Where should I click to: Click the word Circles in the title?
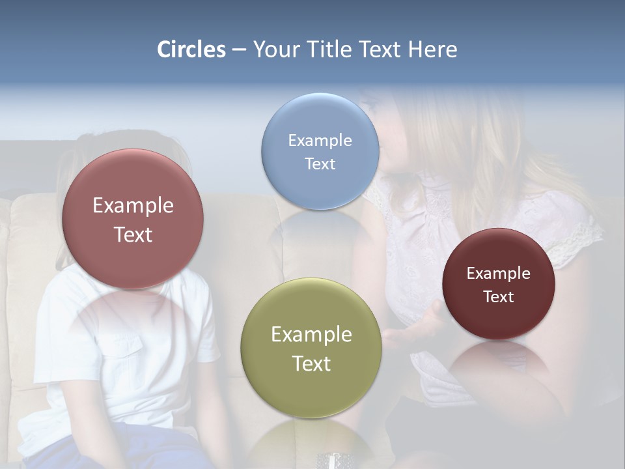pyautogui.click(x=191, y=50)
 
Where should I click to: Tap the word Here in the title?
pyautogui.click(x=432, y=50)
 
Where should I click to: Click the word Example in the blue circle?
pyautogui.click(x=320, y=140)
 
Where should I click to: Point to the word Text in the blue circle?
pyautogui.click(x=320, y=163)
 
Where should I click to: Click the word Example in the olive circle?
pyautogui.click(x=311, y=334)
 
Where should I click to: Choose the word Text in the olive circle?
pyautogui.click(x=311, y=363)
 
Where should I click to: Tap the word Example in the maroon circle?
pyautogui.click(x=499, y=273)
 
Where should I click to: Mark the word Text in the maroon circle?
pyautogui.click(x=499, y=296)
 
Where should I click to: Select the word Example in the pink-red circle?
pyautogui.click(x=133, y=205)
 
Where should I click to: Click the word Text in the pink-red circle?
pyautogui.click(x=133, y=234)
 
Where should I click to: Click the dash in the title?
pyautogui.click(x=239, y=50)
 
